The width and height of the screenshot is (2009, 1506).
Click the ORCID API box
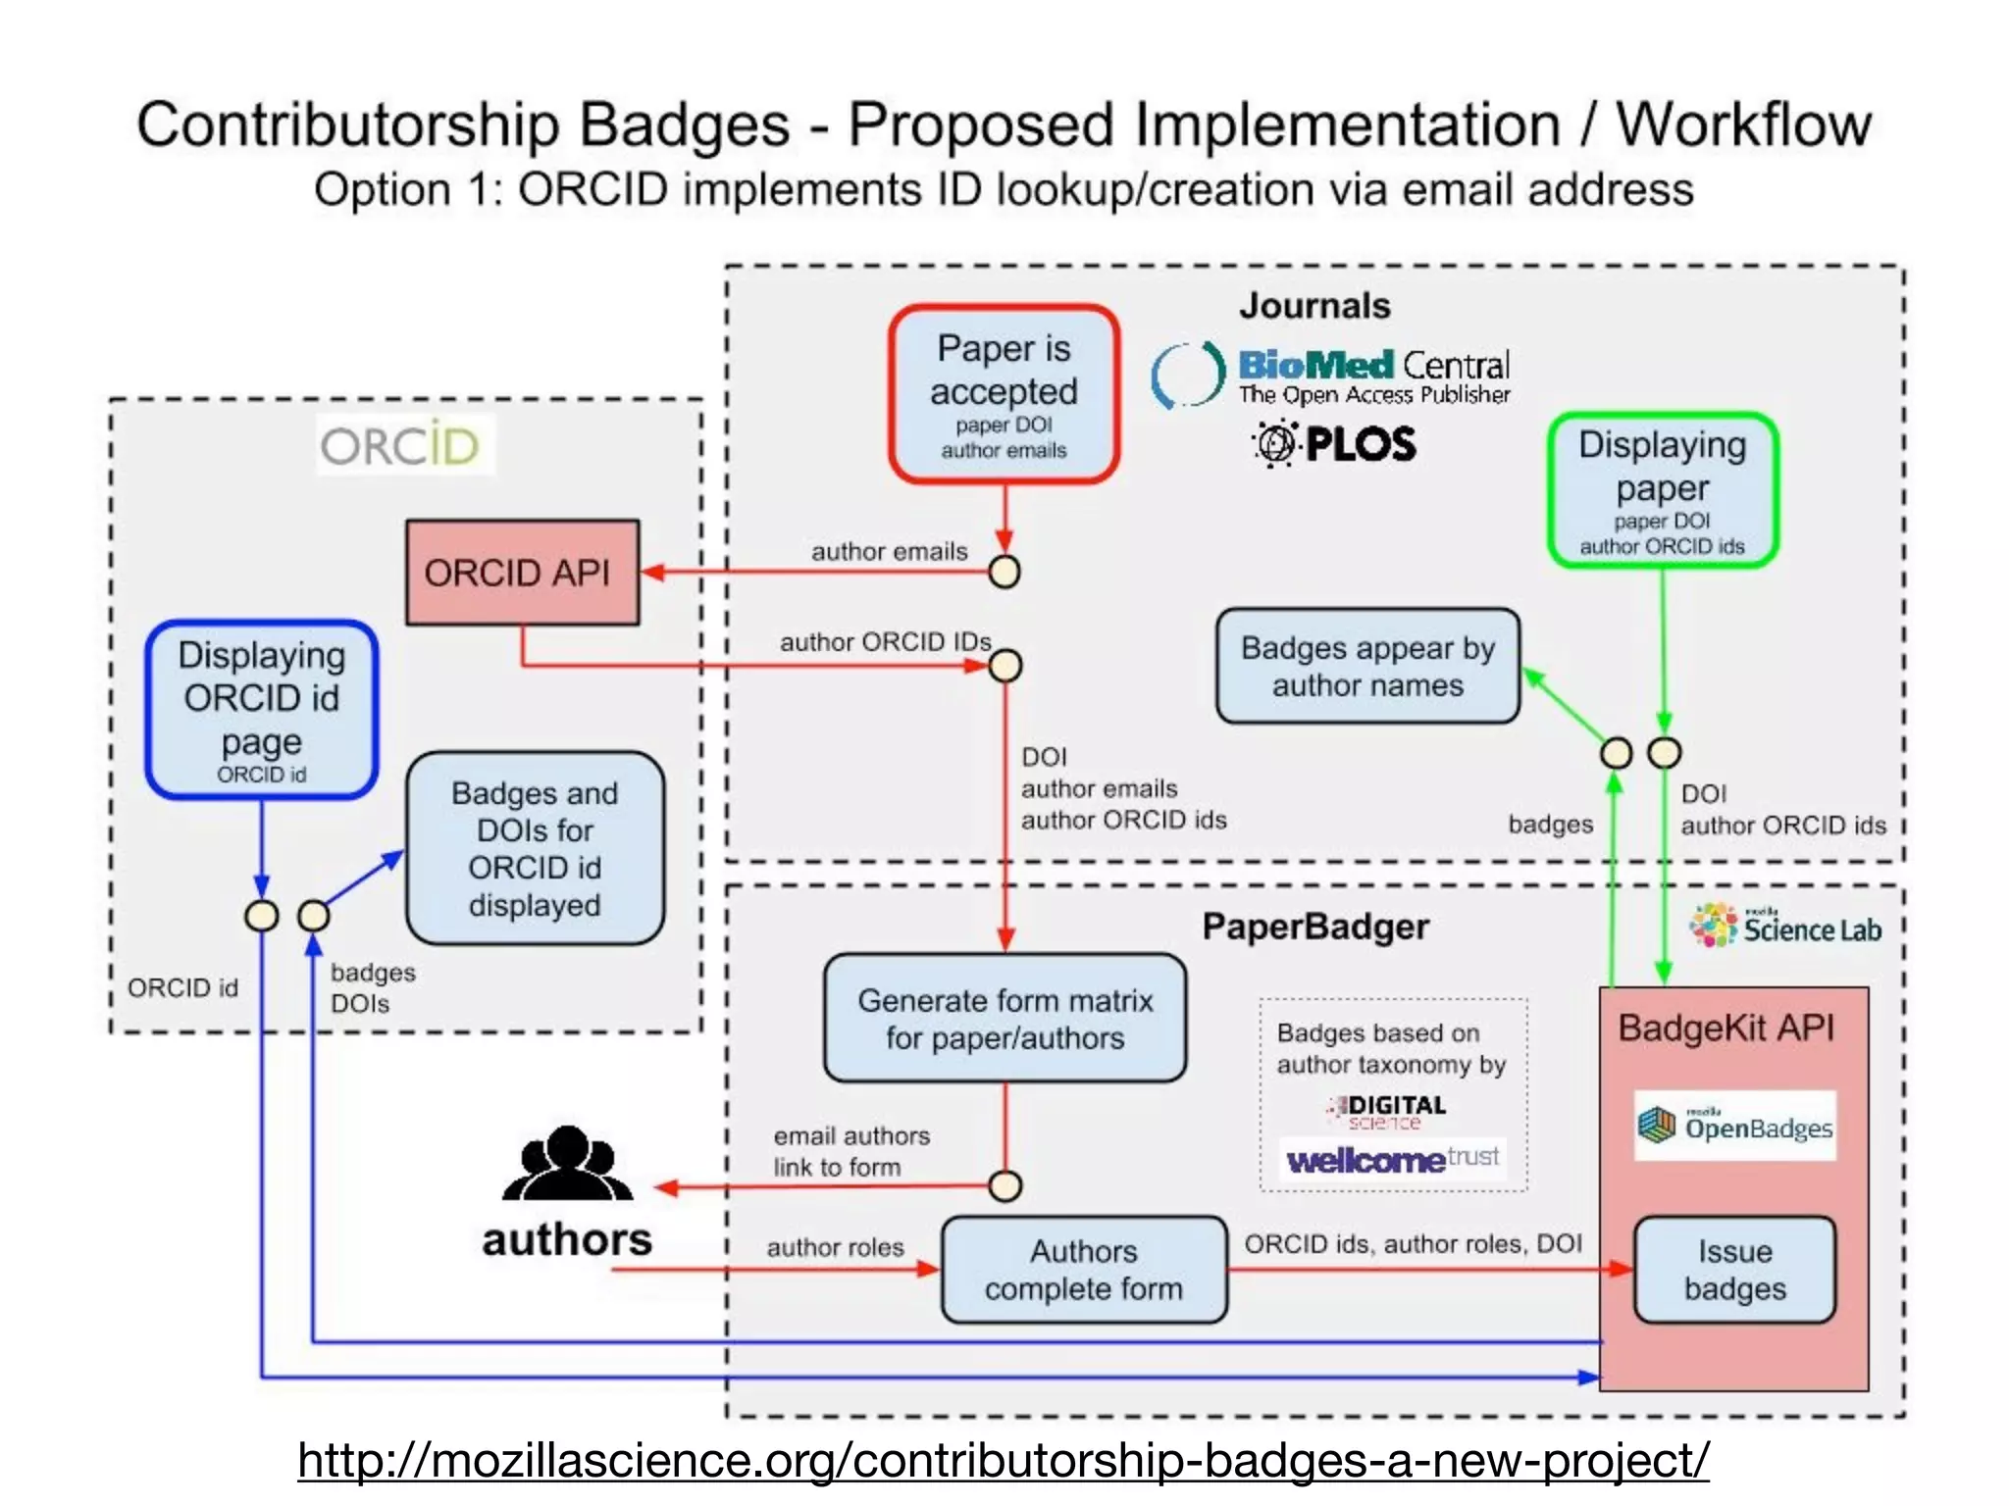[x=522, y=573]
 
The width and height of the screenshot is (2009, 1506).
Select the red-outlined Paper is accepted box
[x=1004, y=394]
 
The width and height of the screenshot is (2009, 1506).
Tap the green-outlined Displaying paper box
[x=1662, y=490]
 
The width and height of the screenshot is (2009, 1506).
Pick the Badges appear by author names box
[x=1367, y=666]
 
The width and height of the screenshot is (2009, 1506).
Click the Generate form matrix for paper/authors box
[x=1004, y=1019]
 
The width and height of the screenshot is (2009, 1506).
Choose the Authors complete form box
[x=1083, y=1270]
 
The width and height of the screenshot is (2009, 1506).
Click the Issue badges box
[x=1734, y=1270]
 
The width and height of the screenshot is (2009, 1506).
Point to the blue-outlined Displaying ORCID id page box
[x=261, y=709]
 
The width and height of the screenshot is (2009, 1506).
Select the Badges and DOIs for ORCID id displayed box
[x=535, y=848]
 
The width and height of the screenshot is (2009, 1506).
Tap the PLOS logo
[x=1334, y=444]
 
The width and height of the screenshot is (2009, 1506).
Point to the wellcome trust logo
[x=1392, y=1160]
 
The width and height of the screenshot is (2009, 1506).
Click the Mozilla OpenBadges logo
[x=1734, y=1126]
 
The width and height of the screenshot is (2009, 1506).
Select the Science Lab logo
[x=1784, y=927]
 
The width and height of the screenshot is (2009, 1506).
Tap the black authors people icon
[x=567, y=1164]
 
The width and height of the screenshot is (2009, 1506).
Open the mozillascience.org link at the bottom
[x=1003, y=1460]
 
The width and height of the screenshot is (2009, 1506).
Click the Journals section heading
[x=1314, y=306]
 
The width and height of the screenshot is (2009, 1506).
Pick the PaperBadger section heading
[x=1314, y=927]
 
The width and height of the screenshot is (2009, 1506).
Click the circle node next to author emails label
[x=1004, y=572]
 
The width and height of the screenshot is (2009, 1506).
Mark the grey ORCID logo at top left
[x=400, y=446]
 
